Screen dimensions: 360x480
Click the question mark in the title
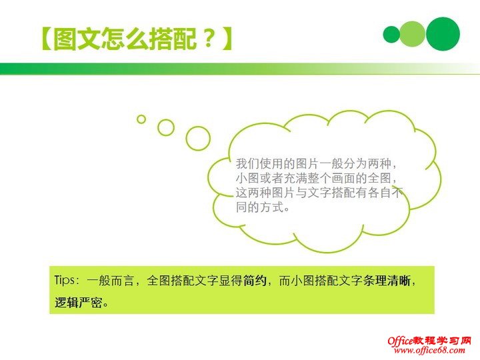[x=209, y=39]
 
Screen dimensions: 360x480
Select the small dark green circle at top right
[x=392, y=34]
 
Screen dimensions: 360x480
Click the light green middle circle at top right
[x=413, y=34]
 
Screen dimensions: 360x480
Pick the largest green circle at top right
[x=443, y=34]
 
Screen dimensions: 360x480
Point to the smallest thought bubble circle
[x=141, y=119]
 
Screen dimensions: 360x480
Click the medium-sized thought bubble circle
[x=166, y=127]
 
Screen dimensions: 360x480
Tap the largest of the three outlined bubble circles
[x=198, y=138]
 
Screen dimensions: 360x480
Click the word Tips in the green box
[x=66, y=281]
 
